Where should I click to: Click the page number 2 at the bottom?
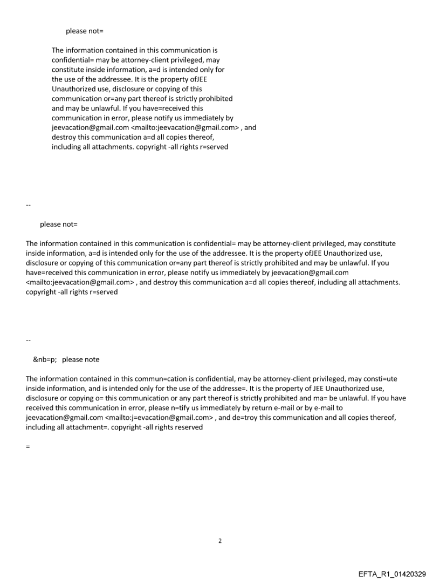coord(219,541)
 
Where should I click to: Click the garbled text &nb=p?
coord(45,359)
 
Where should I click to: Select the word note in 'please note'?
coord(90,359)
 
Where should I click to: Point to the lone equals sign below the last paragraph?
coord(27,446)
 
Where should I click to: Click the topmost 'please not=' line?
coord(84,31)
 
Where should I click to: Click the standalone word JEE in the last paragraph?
coord(308,389)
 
